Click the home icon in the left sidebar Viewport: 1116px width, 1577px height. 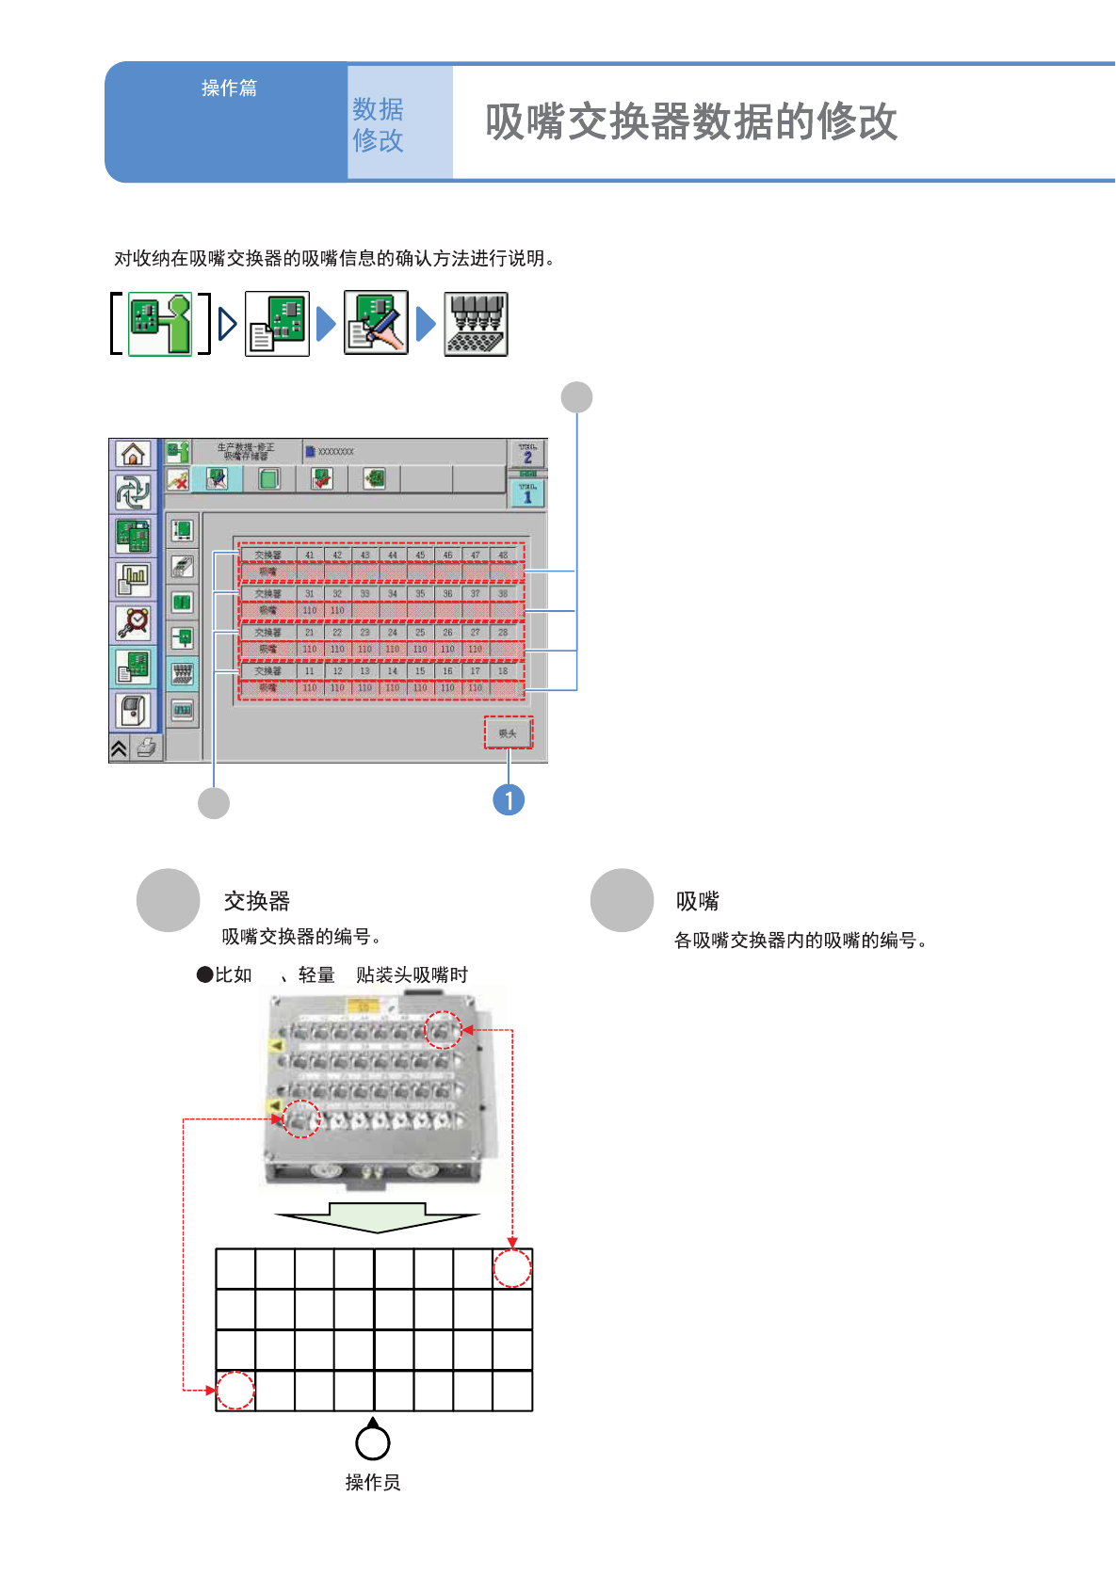[133, 455]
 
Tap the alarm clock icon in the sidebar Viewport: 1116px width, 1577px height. [133, 621]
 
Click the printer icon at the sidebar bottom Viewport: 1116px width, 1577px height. [147, 748]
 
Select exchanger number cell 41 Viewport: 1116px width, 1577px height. [310, 555]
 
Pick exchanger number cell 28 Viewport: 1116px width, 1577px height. [503, 633]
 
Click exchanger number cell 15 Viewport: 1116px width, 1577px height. [420, 671]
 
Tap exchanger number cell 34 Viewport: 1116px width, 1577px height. [393, 594]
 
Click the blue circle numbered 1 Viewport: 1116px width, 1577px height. [509, 800]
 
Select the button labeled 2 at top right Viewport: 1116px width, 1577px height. [527, 454]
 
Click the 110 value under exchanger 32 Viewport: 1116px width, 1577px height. [337, 610]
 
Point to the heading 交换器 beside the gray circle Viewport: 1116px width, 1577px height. [256, 901]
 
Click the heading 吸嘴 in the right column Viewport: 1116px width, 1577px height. [697, 901]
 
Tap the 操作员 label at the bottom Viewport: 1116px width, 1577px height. [373, 1483]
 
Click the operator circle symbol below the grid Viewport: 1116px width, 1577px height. [373, 1441]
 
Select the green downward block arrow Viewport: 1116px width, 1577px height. [377, 1216]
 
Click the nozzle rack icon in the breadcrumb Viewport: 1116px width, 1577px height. [476, 324]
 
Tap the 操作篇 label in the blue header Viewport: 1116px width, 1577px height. [229, 88]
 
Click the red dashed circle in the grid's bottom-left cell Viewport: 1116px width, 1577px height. [235, 1391]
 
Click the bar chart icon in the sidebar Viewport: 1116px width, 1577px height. [133, 579]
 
